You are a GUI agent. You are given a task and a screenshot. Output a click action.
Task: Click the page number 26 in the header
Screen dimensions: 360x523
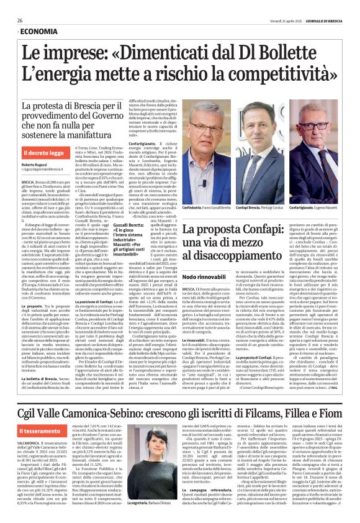click(x=20, y=20)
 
